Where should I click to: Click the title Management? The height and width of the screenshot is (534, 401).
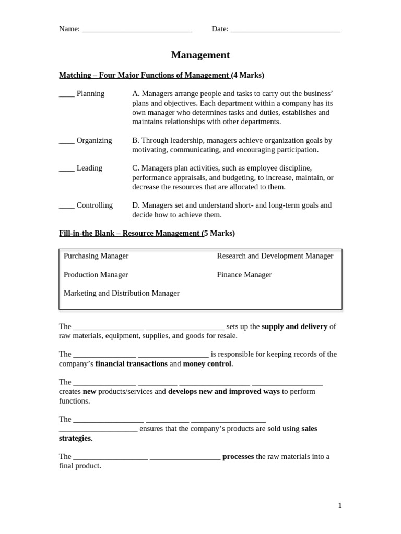point(200,55)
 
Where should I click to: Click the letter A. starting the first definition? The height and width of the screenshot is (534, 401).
point(136,93)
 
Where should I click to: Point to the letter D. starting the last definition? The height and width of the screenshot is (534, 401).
point(136,205)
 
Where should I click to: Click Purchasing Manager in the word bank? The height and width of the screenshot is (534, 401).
point(96,256)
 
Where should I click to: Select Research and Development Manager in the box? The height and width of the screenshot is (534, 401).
point(275,256)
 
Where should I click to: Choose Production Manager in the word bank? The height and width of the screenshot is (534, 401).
point(96,274)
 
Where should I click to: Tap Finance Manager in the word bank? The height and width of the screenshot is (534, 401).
point(244,274)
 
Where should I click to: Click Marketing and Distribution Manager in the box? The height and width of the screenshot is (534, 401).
point(121,293)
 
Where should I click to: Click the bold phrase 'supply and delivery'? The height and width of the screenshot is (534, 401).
point(294,326)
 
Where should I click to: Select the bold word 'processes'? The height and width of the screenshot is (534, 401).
point(238,456)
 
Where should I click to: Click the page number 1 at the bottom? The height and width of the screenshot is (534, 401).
point(340,505)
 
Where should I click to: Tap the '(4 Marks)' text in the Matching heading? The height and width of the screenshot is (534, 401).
point(247,75)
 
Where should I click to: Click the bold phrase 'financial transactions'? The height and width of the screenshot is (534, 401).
point(132,363)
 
